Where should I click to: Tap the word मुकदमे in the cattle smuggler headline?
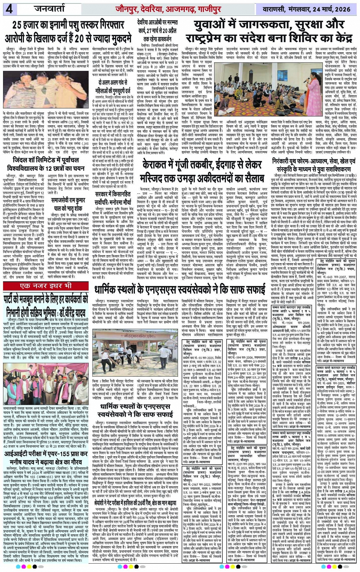pyautogui.click(x=116, y=38)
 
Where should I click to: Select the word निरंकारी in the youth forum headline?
pyautogui.click(x=286, y=161)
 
